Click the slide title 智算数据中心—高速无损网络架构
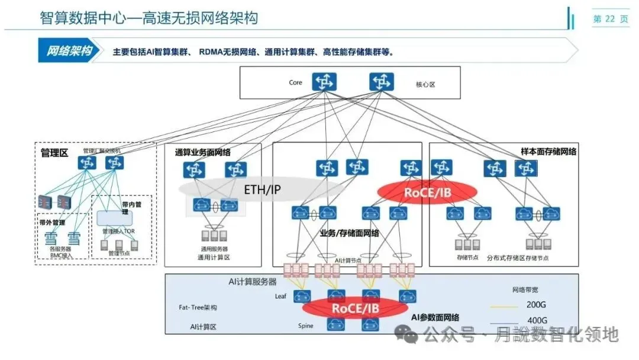149,18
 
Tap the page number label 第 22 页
611,19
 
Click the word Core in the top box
295,82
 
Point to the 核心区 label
425,85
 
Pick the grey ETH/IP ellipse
262,189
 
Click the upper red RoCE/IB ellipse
427,192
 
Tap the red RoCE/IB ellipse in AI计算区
355,307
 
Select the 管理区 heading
54,153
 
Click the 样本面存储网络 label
548,152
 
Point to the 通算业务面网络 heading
202,153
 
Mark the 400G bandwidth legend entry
537,320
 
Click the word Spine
305,326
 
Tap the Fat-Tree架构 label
198,308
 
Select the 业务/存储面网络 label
350,233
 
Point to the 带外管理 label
51,223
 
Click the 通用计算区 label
214,258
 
